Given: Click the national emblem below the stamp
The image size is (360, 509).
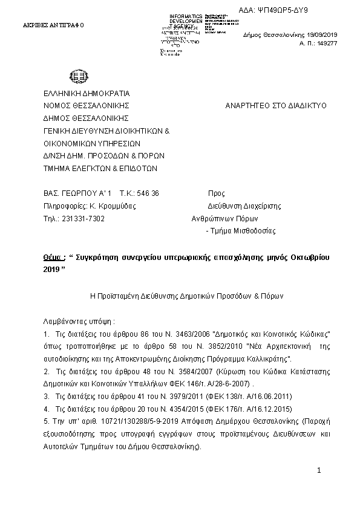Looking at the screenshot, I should click(x=79, y=77).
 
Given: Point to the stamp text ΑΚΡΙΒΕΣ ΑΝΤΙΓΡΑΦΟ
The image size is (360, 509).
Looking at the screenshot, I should click(x=53, y=25).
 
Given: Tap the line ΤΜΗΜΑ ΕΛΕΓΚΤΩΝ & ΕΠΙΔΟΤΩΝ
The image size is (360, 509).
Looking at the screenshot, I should click(x=100, y=169).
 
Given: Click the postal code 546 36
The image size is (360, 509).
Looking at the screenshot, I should click(x=148, y=193).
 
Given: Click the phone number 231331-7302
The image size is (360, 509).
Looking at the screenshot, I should click(x=87, y=218).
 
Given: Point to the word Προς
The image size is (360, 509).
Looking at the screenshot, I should click(x=216, y=193).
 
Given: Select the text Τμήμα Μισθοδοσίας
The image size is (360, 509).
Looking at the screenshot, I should click(x=243, y=231).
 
